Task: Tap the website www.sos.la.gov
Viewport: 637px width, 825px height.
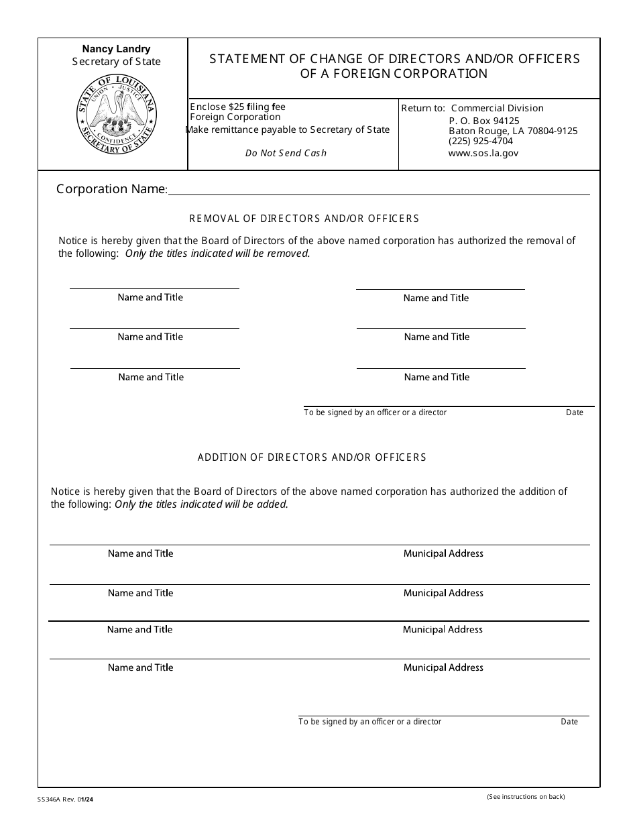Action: coord(483,153)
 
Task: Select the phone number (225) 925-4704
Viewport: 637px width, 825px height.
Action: coord(480,142)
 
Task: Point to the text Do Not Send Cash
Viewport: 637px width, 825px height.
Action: coord(286,153)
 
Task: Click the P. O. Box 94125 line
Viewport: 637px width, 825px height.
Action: coord(483,121)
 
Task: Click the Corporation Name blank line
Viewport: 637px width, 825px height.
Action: coord(379,190)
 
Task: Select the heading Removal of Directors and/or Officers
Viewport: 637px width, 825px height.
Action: coord(304,219)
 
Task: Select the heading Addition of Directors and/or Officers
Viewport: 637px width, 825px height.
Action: coord(312,457)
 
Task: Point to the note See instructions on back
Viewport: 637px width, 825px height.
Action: coord(526,797)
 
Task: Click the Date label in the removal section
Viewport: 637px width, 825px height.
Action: coord(575,412)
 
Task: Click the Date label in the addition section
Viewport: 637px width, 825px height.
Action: coord(569,722)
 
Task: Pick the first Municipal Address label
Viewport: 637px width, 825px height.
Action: coord(443,553)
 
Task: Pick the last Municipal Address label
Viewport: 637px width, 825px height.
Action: coord(443,667)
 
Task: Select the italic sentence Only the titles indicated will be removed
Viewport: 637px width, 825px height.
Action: coord(217,254)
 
